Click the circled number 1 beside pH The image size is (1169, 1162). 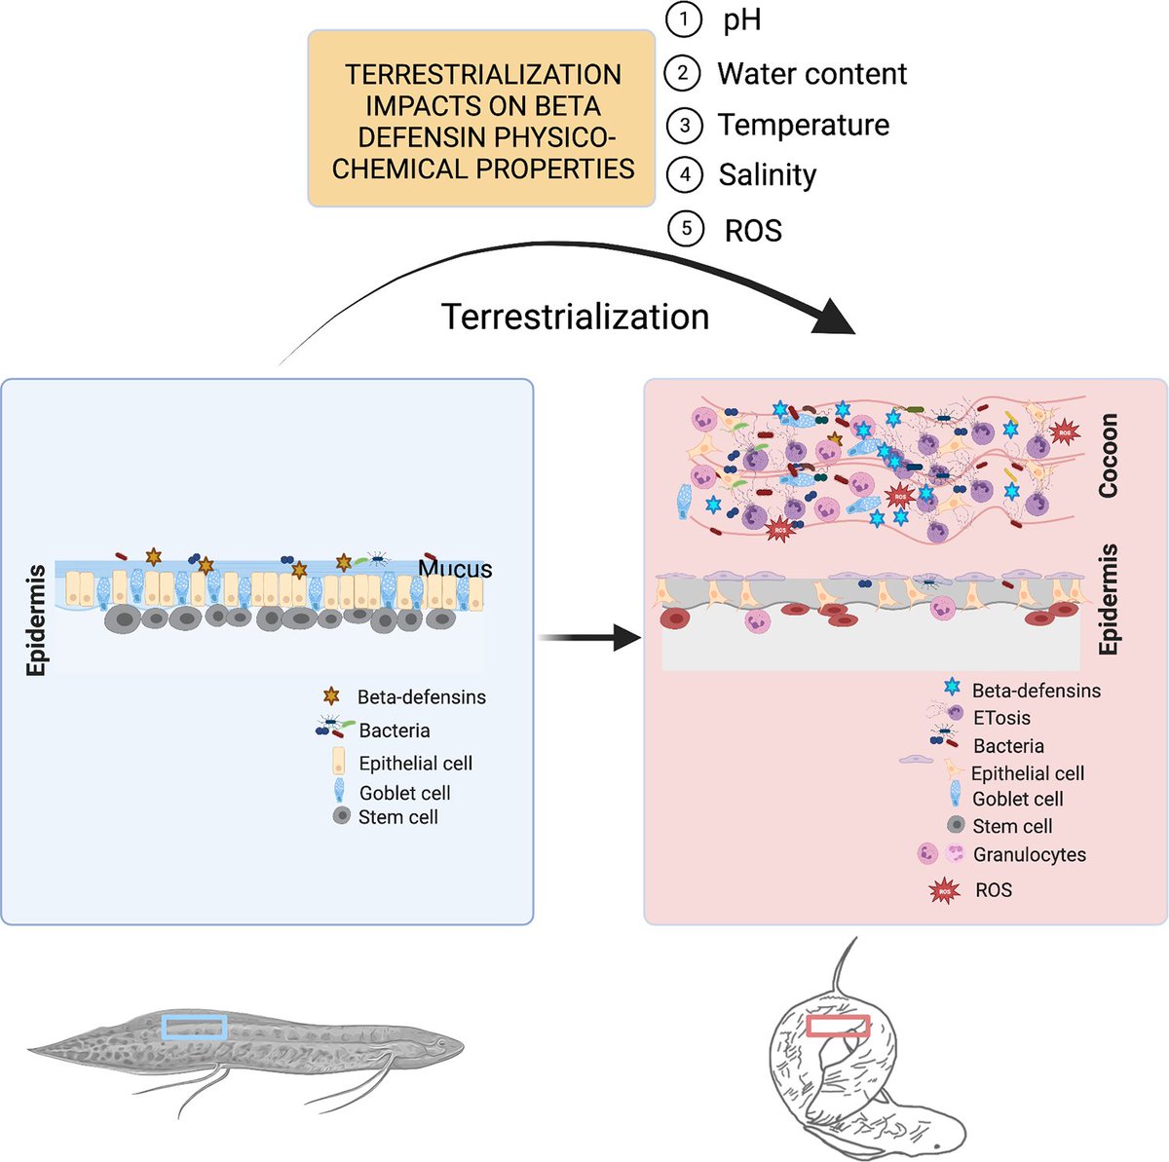coord(684,19)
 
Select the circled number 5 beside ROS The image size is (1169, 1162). coord(686,229)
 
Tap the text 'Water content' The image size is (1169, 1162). coord(811,74)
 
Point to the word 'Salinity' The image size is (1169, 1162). coord(767,175)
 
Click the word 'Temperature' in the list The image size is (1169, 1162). coord(803,125)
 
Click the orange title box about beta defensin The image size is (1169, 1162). coord(482,119)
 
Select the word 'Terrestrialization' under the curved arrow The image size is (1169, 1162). coord(575,317)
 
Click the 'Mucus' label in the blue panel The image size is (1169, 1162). coord(455,569)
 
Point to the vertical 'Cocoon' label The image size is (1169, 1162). coord(1108,456)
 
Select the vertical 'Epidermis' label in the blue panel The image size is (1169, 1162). coord(37,620)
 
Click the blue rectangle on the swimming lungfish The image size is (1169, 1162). coord(195,1026)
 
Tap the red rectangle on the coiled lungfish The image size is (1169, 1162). coord(838,1026)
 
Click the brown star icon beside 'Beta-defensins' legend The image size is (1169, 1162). coord(331,696)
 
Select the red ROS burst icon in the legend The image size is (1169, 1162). coord(942,890)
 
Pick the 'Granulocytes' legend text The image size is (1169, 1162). coord(1029,854)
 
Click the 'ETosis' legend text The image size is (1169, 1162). coord(1000,718)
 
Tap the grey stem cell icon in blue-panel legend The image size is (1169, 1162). coord(341,817)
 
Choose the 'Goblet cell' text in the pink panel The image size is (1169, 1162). coord(1017,799)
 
